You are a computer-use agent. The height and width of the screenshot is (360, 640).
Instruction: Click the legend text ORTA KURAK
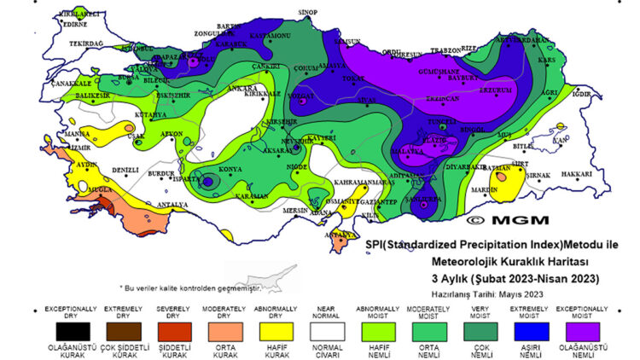coord(219,351)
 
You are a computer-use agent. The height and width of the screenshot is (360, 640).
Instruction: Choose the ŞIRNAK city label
coord(538,175)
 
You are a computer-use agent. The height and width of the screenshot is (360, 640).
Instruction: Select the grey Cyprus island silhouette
coord(264,281)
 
